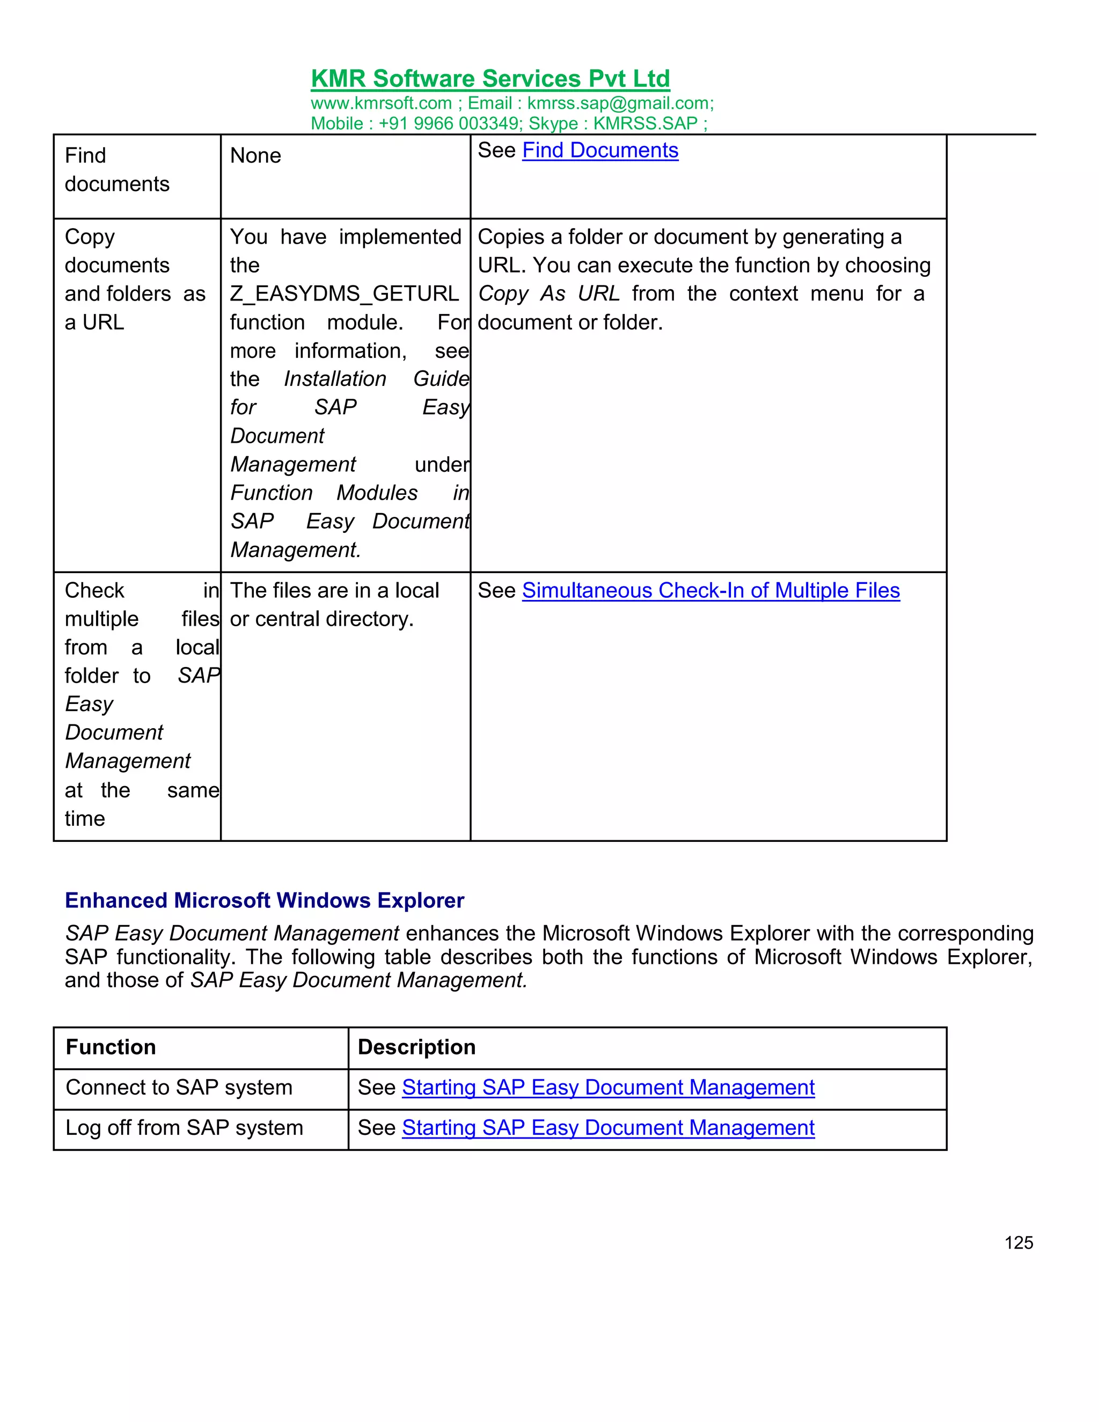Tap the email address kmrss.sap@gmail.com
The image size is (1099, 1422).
620,104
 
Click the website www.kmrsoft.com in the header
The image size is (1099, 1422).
381,104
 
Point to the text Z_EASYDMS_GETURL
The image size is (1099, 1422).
344,294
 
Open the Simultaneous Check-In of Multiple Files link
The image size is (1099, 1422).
710,591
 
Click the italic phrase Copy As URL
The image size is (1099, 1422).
548,294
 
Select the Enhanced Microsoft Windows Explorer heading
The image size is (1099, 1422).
265,900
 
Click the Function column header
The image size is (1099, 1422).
111,1047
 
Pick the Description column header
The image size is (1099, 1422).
416,1047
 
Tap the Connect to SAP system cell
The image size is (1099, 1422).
179,1087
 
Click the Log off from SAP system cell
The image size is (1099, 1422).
184,1128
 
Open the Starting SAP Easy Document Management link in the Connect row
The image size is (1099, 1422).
608,1087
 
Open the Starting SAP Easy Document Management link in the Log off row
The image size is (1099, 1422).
608,1128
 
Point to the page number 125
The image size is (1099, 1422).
1019,1243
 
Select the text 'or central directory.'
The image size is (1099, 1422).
321,619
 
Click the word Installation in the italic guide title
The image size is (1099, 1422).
335,379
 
